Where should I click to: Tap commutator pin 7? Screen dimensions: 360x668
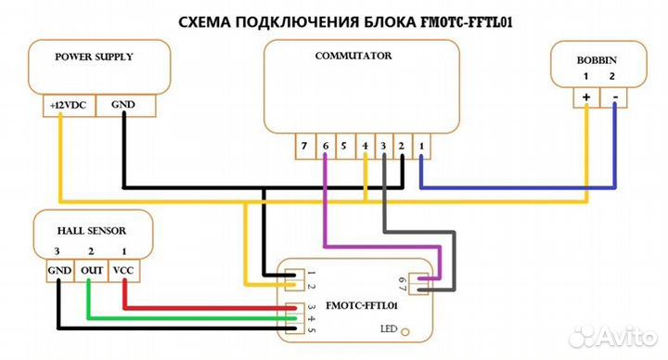tap(303, 146)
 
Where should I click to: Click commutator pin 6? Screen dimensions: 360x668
tap(324, 146)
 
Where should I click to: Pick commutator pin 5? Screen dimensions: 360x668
tap(343, 146)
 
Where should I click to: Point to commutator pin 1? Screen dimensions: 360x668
tap(421, 146)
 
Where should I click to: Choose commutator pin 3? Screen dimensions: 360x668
tap(382, 146)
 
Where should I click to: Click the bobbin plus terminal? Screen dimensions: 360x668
tap(586, 96)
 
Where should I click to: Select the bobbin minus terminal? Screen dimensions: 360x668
tap(614, 96)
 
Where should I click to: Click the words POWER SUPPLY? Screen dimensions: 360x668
tap(95, 57)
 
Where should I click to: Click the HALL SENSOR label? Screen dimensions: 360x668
tap(92, 230)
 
